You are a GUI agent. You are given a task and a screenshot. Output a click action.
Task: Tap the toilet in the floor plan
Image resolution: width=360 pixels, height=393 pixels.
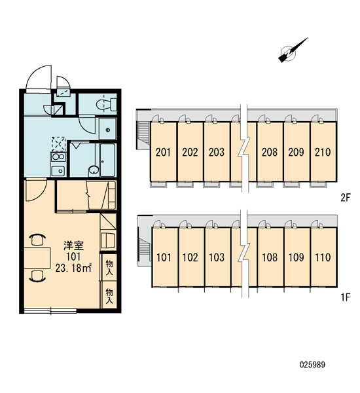106,104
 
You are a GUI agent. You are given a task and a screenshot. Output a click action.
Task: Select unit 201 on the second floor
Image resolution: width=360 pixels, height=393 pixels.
163,151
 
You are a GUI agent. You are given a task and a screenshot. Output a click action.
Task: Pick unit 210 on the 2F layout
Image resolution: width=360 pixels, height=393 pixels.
323,151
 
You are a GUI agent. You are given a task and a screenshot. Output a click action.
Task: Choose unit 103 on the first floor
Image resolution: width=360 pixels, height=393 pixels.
217,257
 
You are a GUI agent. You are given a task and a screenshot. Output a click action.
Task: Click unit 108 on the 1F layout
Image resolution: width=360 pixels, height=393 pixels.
270,257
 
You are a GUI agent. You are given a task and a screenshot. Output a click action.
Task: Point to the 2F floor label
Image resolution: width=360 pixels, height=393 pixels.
345,198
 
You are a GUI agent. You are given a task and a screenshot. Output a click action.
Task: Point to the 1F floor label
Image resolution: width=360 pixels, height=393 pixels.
345,297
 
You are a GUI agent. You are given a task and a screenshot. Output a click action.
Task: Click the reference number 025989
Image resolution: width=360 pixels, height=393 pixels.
312,364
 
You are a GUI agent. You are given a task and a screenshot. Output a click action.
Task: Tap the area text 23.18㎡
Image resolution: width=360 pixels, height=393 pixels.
73,268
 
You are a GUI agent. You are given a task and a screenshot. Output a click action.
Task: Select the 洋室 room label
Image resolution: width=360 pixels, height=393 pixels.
73,246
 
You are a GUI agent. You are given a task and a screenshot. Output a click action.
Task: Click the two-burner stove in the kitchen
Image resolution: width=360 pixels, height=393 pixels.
58,157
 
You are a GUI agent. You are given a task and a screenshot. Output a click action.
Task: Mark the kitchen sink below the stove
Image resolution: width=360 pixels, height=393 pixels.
58,171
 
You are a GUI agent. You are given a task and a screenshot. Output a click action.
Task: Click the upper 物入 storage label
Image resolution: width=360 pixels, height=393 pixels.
109,268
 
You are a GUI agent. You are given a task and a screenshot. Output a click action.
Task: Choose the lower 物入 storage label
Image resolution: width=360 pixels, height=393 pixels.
109,296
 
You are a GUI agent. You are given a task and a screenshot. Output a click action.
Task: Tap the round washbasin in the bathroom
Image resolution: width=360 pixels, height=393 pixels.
94,170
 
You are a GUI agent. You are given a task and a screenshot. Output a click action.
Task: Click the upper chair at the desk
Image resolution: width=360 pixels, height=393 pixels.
37,239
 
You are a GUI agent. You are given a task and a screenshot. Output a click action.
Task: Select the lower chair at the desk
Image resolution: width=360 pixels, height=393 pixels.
37,276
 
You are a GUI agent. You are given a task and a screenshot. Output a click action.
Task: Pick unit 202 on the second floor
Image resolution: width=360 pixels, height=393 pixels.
190,151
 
